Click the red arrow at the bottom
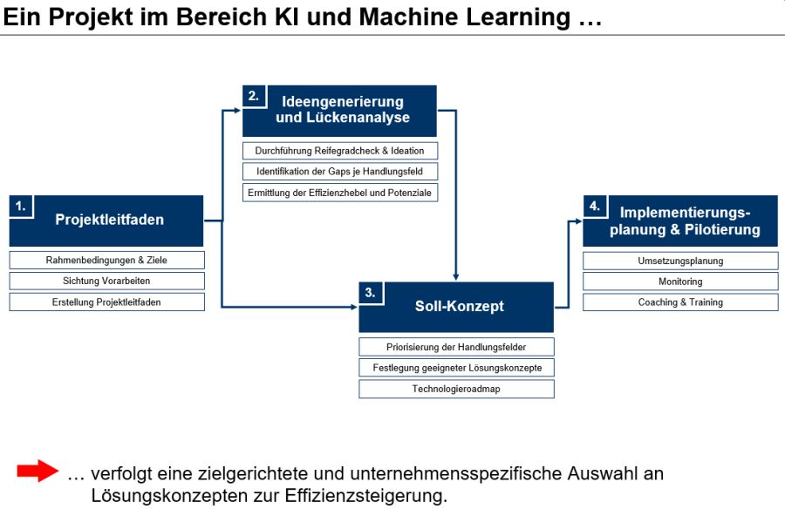[37, 472]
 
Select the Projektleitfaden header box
[106, 221]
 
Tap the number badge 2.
[253, 97]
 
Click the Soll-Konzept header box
[456, 307]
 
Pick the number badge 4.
[594, 207]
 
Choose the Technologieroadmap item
[456, 389]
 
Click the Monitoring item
[680, 282]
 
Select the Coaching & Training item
[680, 302]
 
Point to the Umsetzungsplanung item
[680, 261]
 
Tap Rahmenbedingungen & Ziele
[106, 260]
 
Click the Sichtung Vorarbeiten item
[106, 281]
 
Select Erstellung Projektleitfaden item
[106, 302]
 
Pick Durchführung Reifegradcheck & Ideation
[340, 151]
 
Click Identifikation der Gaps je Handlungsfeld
[340, 172]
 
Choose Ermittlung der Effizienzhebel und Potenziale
[340, 193]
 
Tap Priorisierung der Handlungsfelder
[456, 347]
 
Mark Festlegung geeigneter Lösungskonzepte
[456, 368]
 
